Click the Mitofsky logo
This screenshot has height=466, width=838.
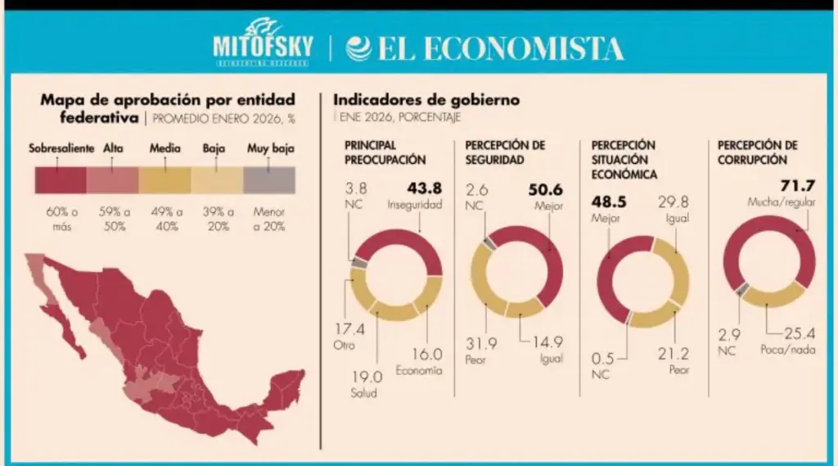(263, 41)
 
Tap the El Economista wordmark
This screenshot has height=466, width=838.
(485, 48)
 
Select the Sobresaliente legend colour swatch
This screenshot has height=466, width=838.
(61, 179)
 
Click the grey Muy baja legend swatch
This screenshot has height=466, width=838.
(269, 179)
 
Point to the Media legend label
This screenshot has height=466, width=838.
(165, 149)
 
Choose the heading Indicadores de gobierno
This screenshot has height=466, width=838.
(426, 100)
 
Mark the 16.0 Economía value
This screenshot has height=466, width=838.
(426, 355)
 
